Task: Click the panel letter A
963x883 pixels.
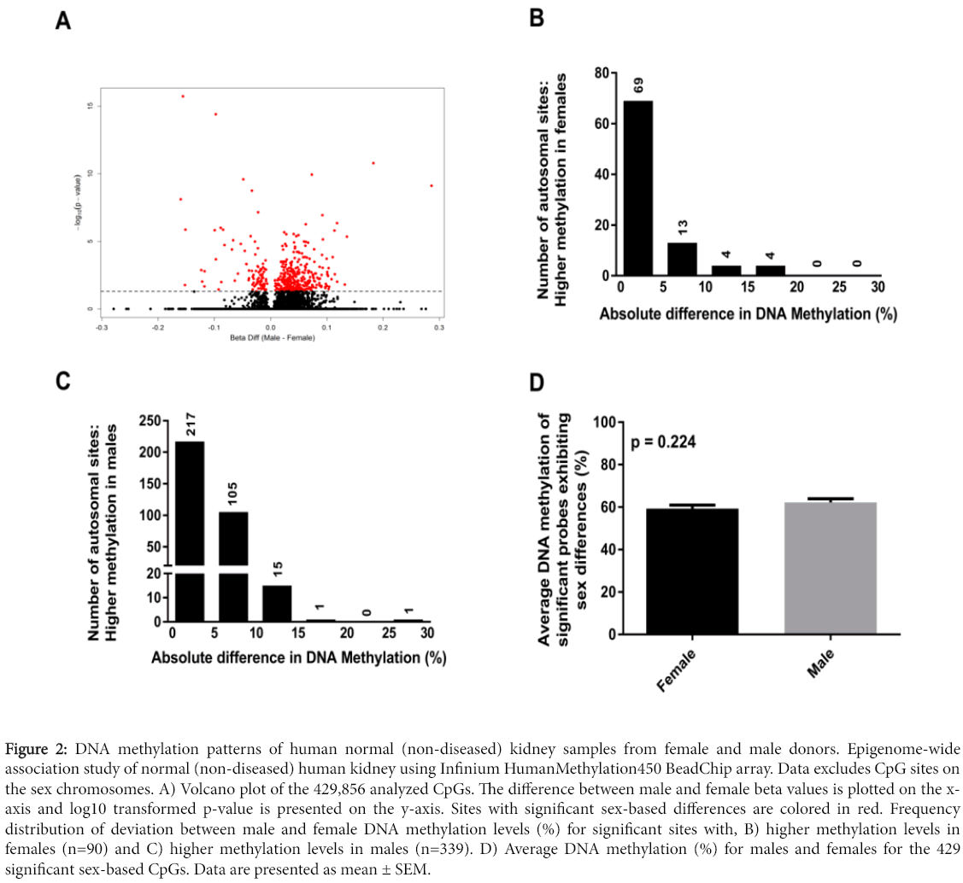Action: point(63,21)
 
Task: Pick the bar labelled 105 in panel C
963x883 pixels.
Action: point(232,564)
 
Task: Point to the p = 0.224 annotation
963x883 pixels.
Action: point(663,442)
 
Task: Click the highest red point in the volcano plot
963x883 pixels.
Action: point(182,96)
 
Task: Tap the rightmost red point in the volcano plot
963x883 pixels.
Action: point(432,185)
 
